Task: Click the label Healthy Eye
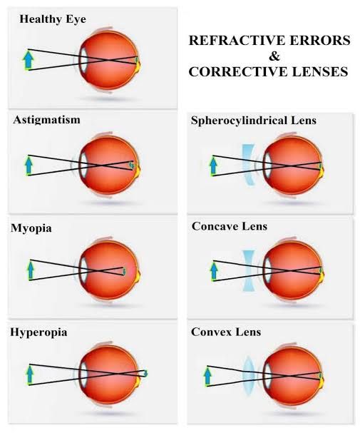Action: (53, 19)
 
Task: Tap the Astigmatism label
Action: (46, 120)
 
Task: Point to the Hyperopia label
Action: (40, 332)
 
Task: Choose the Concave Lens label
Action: (229, 227)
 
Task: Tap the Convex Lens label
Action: (225, 332)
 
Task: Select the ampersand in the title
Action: (269, 57)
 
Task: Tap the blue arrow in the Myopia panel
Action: (29, 270)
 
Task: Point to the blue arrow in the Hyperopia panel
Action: (29, 374)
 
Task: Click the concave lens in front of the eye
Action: (249, 270)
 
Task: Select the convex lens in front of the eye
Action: (248, 375)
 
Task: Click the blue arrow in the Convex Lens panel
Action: (208, 375)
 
